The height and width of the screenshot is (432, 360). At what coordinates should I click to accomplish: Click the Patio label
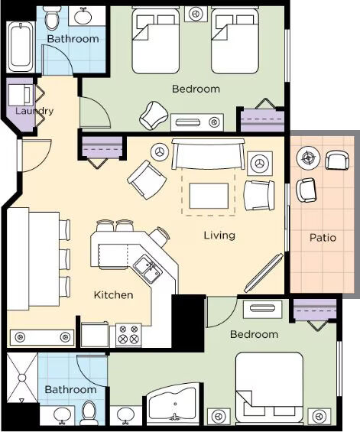(x=323, y=238)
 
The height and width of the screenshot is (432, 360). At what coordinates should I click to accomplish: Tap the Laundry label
(x=34, y=111)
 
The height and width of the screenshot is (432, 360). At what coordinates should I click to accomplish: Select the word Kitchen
(x=113, y=295)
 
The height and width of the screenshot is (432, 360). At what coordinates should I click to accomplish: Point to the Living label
(x=219, y=235)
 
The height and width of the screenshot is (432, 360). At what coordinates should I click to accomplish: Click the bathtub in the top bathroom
(x=21, y=47)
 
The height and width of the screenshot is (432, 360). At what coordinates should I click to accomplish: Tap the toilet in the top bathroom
(x=52, y=18)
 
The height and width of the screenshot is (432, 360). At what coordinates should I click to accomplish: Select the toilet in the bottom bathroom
(x=89, y=413)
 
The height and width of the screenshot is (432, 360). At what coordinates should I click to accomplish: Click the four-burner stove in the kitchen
(x=128, y=335)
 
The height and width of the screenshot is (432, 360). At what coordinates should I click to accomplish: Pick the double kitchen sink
(x=148, y=269)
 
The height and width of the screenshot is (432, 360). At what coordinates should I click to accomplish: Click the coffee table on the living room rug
(x=209, y=196)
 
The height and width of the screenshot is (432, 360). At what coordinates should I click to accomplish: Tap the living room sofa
(x=208, y=154)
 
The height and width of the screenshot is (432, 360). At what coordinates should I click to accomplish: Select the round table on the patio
(x=308, y=158)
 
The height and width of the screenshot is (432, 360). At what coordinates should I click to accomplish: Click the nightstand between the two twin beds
(x=196, y=14)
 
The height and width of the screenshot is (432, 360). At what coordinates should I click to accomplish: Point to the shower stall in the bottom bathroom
(x=22, y=378)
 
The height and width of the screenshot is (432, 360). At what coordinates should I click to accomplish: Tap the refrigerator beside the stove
(x=95, y=334)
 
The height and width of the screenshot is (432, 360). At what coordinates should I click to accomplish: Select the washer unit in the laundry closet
(x=21, y=96)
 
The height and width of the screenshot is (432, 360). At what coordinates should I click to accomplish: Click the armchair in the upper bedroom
(x=154, y=115)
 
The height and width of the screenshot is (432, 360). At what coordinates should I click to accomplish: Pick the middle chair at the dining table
(x=64, y=259)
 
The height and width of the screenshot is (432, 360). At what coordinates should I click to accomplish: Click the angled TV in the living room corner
(x=264, y=273)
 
